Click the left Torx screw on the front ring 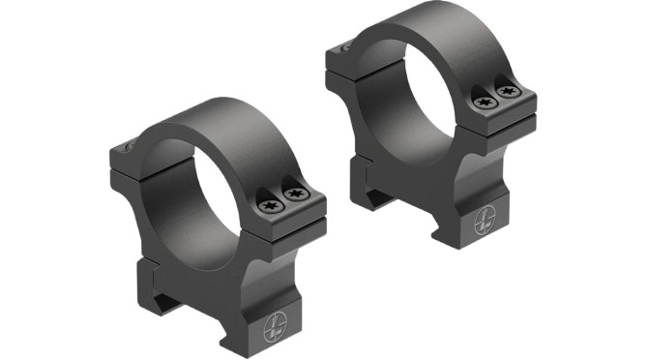pyautogui.click(x=271, y=204)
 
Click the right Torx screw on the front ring pyautogui.click(x=298, y=194)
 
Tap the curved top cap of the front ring pyautogui.click(x=222, y=131)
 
